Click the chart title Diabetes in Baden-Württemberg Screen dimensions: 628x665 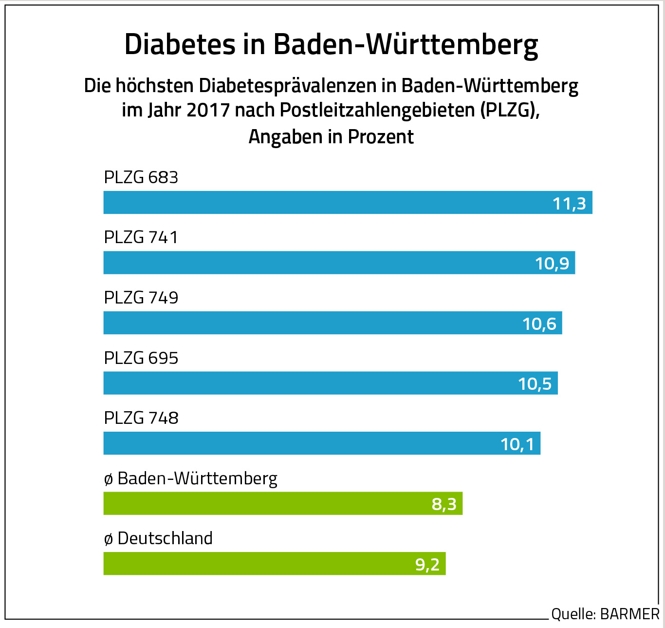point(331,44)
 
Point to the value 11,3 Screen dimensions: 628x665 point(569,203)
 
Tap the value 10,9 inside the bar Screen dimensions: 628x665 point(552,264)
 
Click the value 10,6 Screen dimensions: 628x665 point(539,324)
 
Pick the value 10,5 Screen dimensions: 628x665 point(535,384)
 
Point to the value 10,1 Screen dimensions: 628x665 point(517,444)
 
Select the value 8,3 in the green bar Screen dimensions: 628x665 point(444,504)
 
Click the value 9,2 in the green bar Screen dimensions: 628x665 point(427,564)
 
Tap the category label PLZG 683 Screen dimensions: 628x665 point(141,177)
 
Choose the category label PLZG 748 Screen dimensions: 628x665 point(141,418)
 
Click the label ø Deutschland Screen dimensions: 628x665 point(158,538)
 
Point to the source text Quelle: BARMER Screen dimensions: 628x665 point(605,614)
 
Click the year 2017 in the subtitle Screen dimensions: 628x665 point(208,110)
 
